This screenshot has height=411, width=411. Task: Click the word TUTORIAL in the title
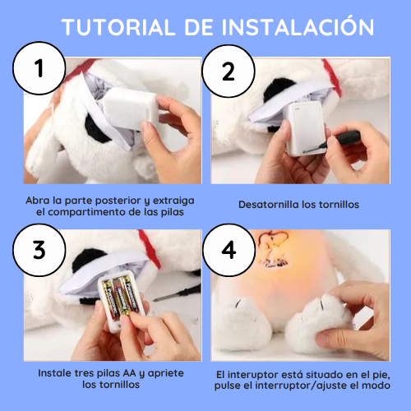click(x=111, y=26)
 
